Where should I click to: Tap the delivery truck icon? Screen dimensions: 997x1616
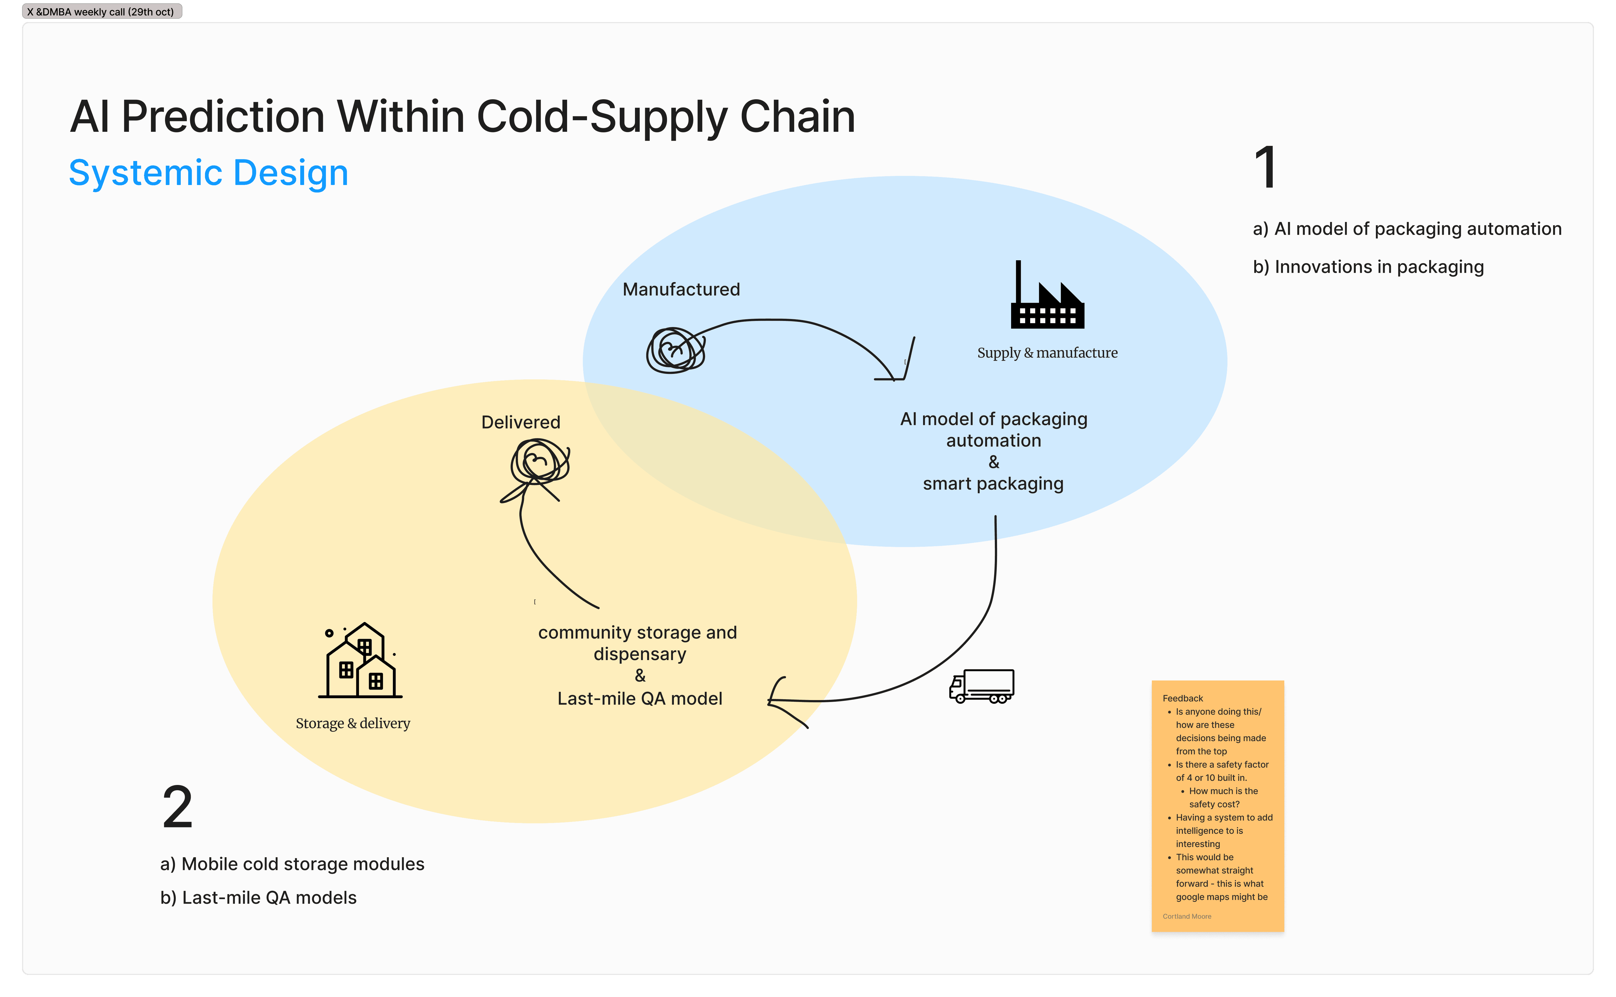(981, 687)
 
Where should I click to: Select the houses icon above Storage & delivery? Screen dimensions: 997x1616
(360, 661)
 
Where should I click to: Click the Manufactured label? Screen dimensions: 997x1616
(681, 290)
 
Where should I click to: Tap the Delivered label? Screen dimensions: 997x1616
(521, 422)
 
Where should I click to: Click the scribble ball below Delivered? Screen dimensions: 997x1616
(539, 462)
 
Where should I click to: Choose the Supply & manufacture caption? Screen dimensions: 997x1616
(1047, 353)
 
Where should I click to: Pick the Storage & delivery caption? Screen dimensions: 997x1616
(353, 723)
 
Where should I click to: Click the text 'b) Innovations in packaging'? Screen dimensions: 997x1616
(1368, 267)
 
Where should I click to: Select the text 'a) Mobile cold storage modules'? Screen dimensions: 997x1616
(292, 864)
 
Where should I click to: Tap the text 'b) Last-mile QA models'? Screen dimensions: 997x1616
(258, 897)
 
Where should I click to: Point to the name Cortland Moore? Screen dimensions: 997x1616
(1186, 916)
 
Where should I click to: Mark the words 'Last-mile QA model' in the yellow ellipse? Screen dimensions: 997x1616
(639, 698)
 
